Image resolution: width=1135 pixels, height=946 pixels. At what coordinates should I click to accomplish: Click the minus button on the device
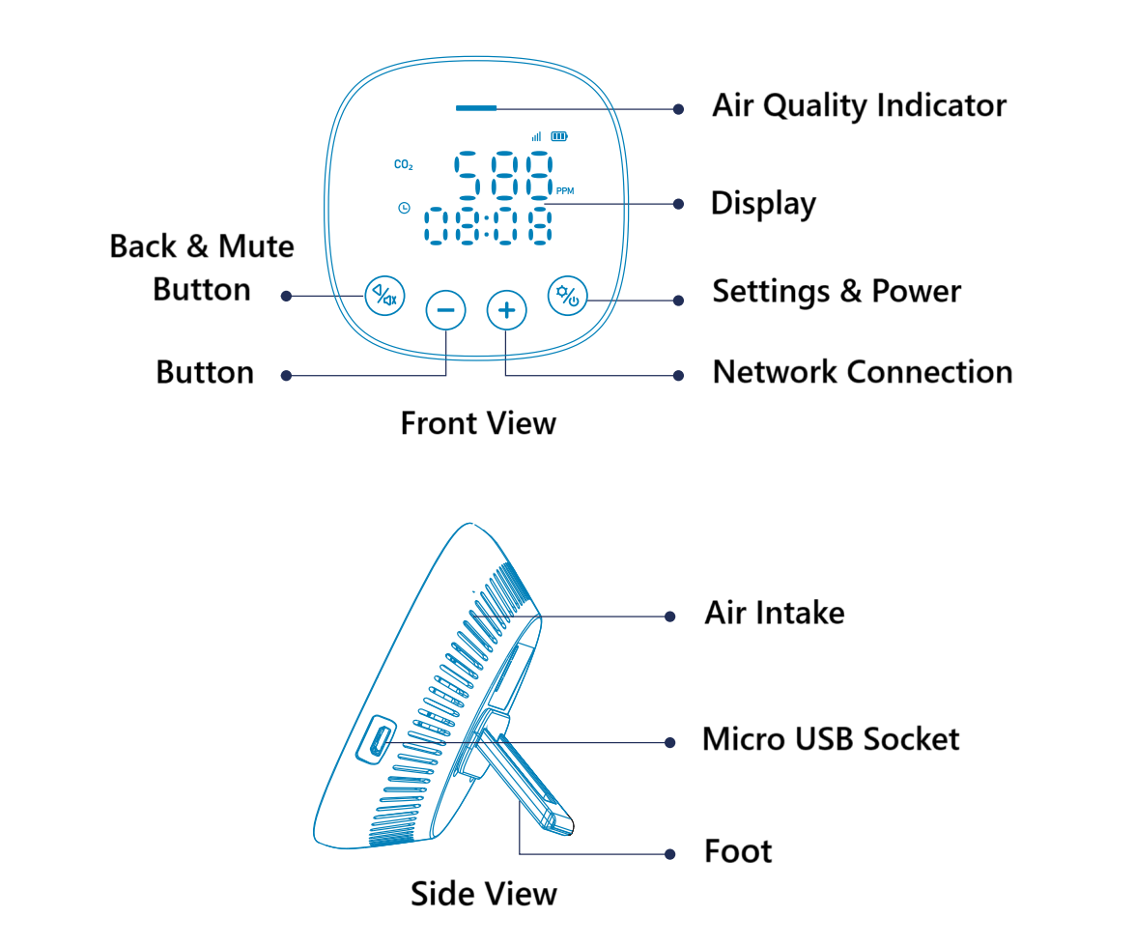[445, 310]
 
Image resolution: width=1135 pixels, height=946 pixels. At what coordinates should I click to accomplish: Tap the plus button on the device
[506, 310]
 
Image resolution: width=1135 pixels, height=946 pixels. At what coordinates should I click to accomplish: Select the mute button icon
[385, 295]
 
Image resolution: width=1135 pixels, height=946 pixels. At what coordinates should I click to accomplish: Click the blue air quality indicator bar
[476, 108]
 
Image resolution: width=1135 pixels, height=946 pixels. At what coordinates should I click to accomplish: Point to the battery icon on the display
[559, 137]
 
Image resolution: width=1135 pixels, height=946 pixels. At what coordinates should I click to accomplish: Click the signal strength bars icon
[536, 137]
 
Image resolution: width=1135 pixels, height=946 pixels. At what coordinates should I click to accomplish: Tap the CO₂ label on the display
[404, 165]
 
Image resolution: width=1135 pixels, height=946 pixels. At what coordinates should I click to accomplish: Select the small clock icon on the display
[403, 208]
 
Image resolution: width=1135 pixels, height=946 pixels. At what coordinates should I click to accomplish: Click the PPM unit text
[565, 191]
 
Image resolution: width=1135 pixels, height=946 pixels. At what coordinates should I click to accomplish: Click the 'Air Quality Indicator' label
[859, 105]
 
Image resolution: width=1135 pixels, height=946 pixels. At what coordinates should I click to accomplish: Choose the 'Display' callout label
[763, 204]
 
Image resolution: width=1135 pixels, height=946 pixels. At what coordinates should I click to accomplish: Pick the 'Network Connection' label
[862, 372]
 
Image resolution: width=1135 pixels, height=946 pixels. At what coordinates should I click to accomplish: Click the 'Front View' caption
[478, 423]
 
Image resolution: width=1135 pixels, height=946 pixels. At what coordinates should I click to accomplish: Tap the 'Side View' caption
[483, 893]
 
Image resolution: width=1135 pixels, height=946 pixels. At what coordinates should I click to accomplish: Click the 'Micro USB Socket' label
[830, 739]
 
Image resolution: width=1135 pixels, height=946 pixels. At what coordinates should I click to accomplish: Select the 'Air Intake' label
[774, 613]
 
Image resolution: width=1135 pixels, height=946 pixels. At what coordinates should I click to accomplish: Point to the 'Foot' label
[738, 851]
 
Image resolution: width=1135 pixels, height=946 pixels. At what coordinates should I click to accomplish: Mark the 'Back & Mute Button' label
[202, 268]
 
